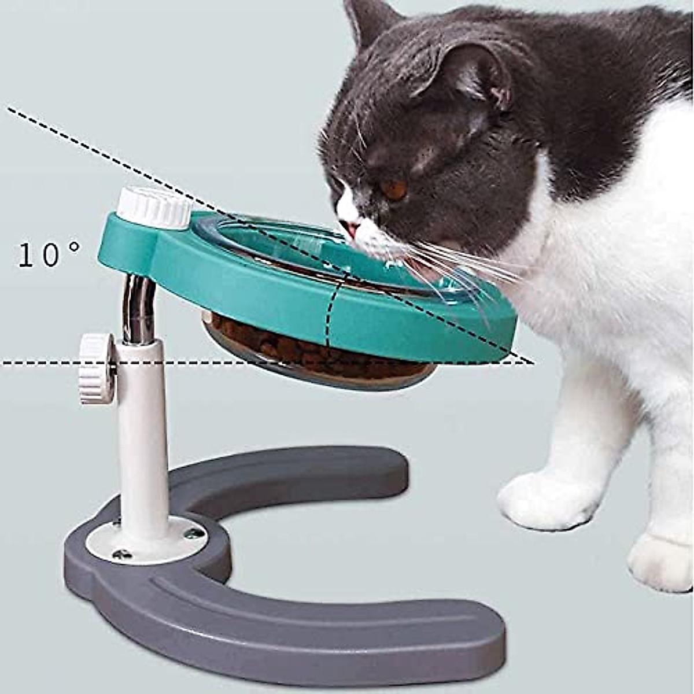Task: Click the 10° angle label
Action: click(x=49, y=254)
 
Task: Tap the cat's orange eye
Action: click(x=395, y=189)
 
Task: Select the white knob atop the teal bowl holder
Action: click(x=153, y=206)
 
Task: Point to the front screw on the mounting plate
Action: click(x=121, y=554)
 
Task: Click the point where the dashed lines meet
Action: click(x=529, y=363)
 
